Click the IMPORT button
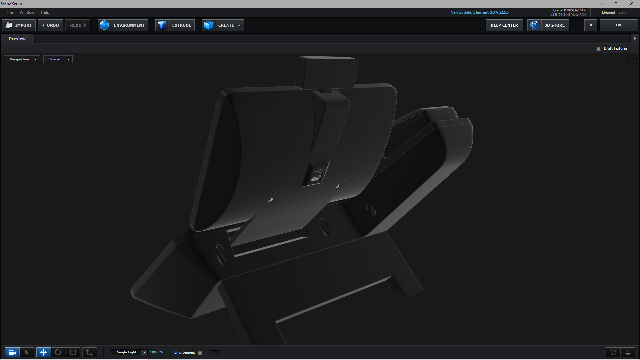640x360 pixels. [19, 25]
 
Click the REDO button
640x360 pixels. [78, 25]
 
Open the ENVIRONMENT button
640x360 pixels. [123, 25]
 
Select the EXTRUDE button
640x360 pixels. [175, 25]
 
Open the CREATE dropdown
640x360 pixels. [223, 25]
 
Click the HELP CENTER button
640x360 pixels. [504, 25]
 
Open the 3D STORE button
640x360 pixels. [548, 25]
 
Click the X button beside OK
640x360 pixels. [591, 25]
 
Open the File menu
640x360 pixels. [10, 12]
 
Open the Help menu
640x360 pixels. [45, 12]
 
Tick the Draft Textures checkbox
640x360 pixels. [598, 49]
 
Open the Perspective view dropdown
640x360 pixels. [22, 59]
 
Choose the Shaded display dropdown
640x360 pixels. [58, 59]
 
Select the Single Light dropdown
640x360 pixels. [129, 352]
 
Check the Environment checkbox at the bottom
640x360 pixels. [200, 353]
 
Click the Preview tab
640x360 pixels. [17, 39]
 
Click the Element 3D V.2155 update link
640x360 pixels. [491, 12]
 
